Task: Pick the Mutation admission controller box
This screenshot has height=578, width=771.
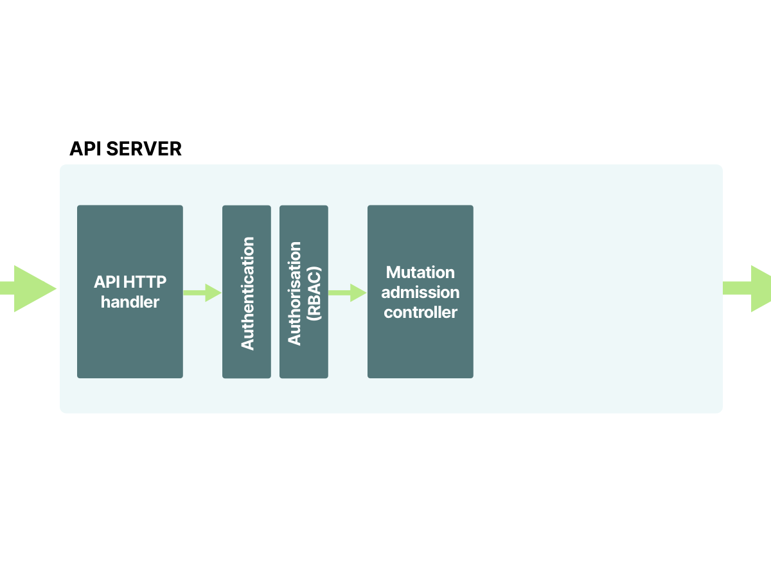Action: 420,347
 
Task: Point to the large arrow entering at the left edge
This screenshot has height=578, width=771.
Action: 26,288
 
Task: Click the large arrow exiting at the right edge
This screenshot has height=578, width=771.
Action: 749,288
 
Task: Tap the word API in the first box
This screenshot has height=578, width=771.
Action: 106,282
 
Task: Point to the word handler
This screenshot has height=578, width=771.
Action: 130,302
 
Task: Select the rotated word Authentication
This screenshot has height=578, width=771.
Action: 247,293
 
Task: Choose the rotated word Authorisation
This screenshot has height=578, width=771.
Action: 294,293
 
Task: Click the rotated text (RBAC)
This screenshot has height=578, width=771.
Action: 314,293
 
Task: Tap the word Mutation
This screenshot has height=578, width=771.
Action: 420,272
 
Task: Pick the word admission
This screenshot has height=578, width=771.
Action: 420,292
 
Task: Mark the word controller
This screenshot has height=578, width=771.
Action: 420,312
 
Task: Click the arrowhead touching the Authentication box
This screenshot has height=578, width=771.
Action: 215,292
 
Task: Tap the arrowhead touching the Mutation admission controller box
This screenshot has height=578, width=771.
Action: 359,292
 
